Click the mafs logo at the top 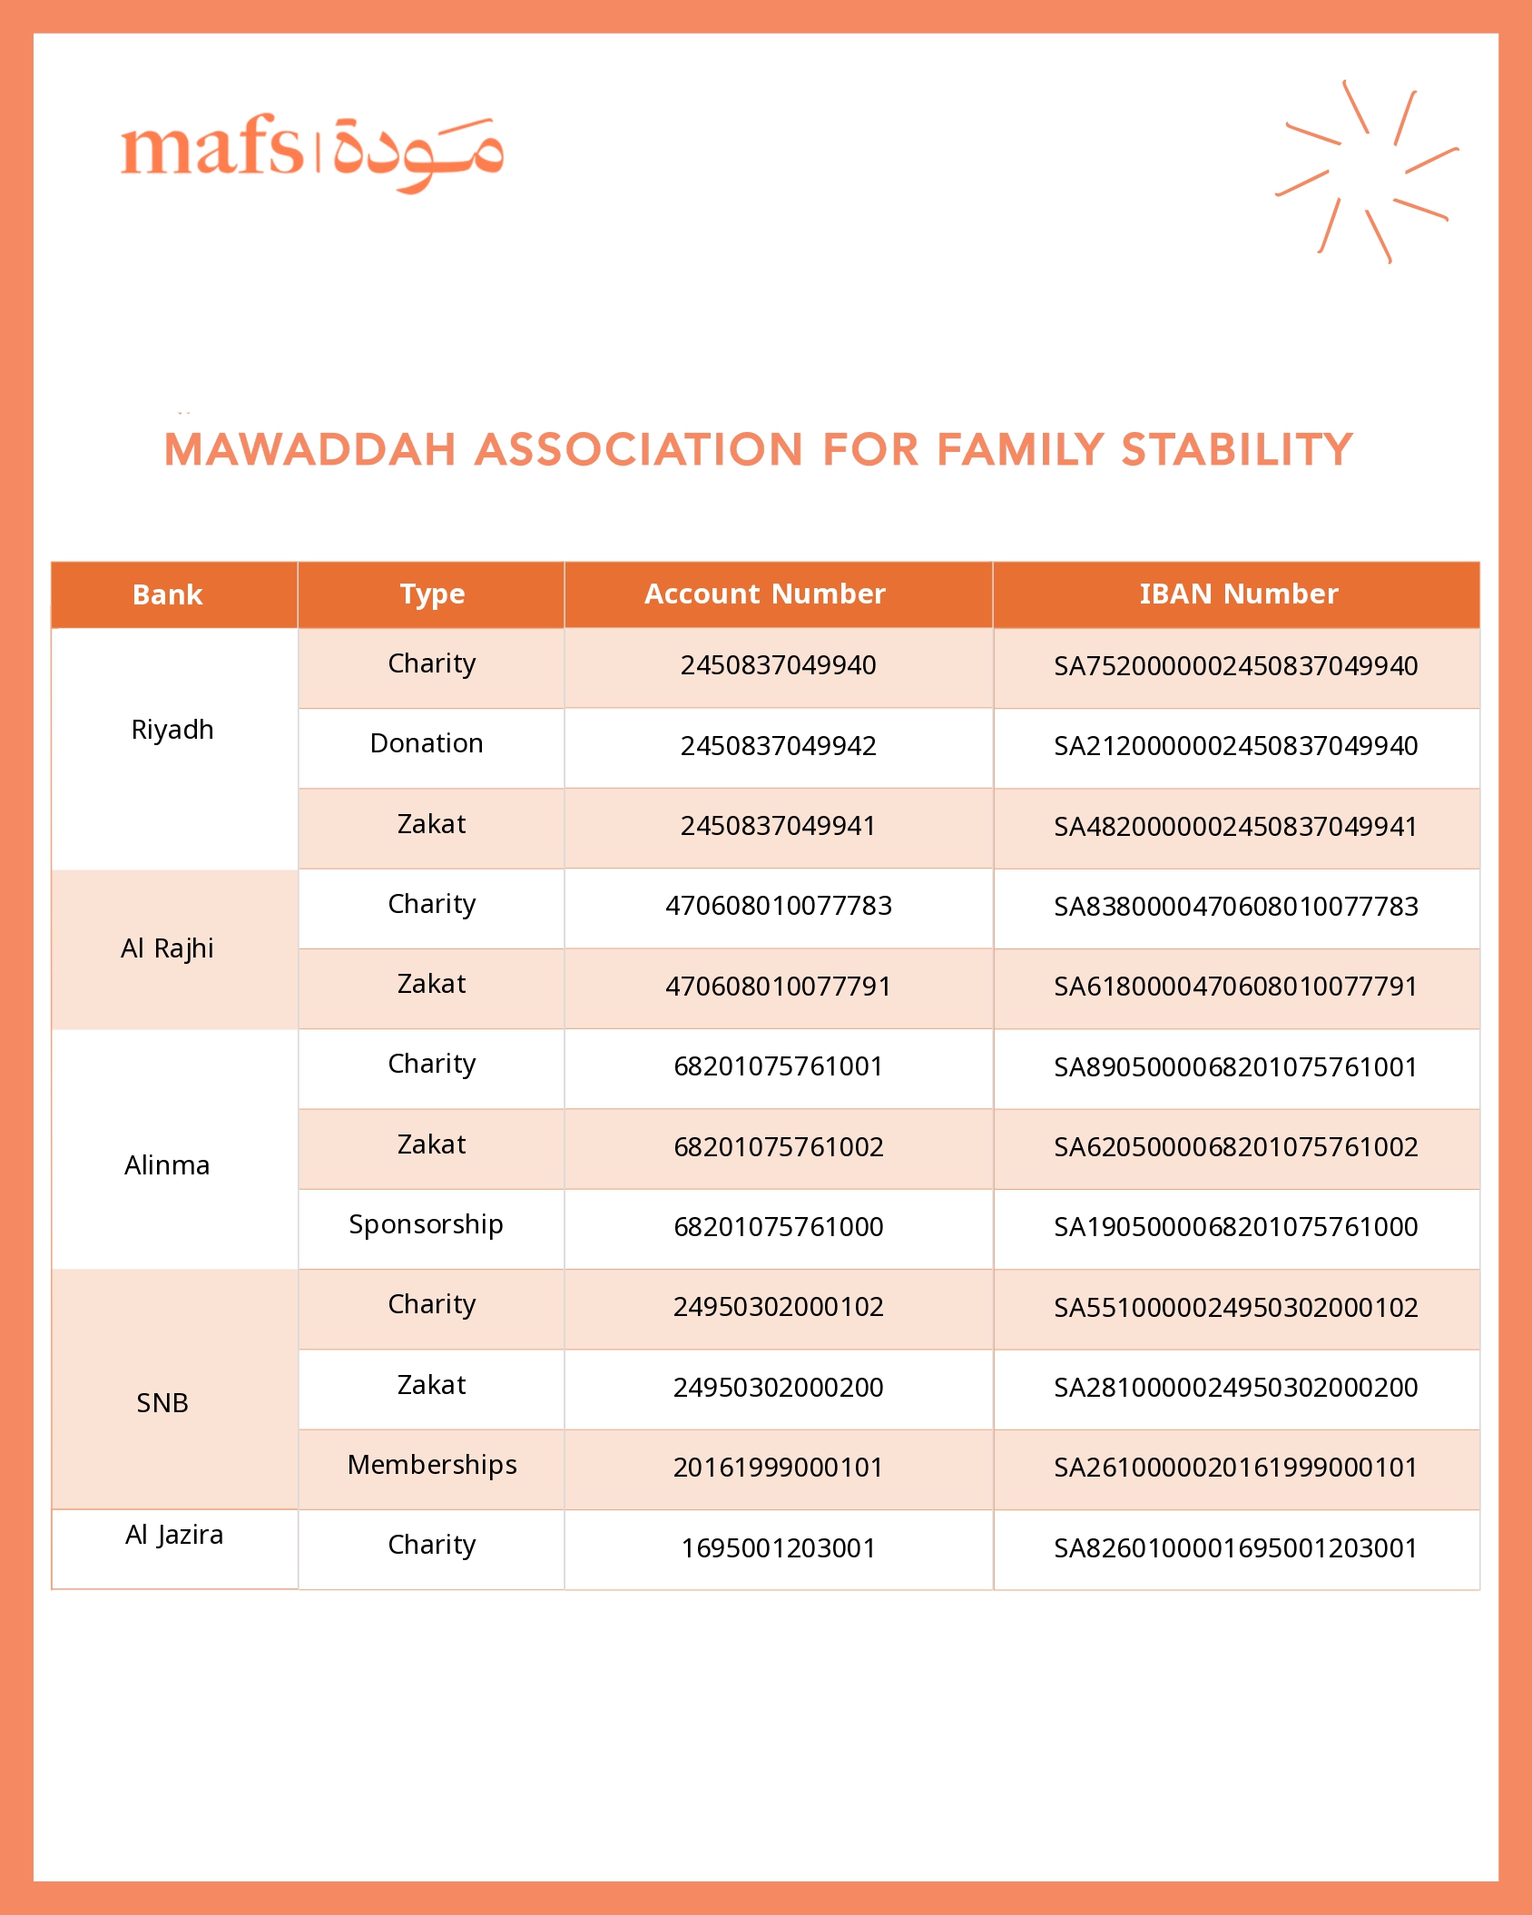click(x=311, y=152)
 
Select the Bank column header click(x=168, y=594)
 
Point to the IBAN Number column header click(x=1238, y=594)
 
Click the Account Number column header click(x=764, y=594)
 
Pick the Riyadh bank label click(x=172, y=730)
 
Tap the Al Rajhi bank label click(x=168, y=948)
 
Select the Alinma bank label click(x=167, y=1165)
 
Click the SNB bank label click(x=162, y=1403)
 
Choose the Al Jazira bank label click(x=174, y=1535)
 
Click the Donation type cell click(x=427, y=743)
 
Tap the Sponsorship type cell click(x=427, y=1224)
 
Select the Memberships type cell click(x=432, y=1465)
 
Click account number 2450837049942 click(x=778, y=746)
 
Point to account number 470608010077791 click(x=778, y=987)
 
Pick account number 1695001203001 click(x=778, y=1547)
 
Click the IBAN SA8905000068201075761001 click(x=1235, y=1067)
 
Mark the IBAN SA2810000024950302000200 click(x=1235, y=1388)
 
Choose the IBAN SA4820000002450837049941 click(x=1235, y=827)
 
